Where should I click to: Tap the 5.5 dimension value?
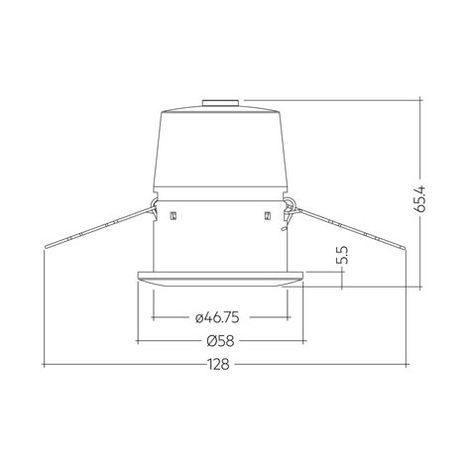coord(341,255)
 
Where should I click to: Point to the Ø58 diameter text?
coord(220,340)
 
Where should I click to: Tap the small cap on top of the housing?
coord(219,100)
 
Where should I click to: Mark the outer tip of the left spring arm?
coord(46,247)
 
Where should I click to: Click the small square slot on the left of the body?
coord(173,215)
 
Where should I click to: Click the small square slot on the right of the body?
coord(267,215)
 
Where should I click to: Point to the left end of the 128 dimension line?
coord(46,364)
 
